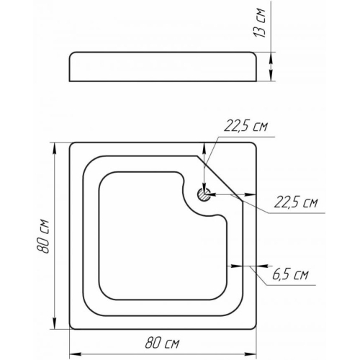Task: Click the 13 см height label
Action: (x=260, y=23)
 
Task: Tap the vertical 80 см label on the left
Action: (x=43, y=236)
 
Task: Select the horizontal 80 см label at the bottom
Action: (x=162, y=343)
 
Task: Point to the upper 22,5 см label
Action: (x=246, y=127)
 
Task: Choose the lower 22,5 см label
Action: (x=296, y=202)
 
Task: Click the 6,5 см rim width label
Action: (x=290, y=274)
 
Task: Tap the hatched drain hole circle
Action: (x=204, y=194)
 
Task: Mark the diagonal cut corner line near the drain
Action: (x=220, y=179)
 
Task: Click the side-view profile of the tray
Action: (x=163, y=66)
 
